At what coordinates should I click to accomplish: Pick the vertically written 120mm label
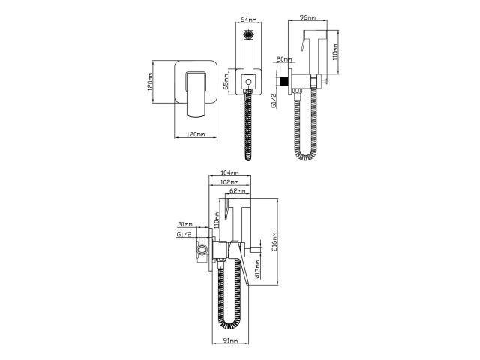pos(152,82)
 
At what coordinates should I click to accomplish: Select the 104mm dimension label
pos(229,173)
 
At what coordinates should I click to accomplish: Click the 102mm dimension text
pos(229,182)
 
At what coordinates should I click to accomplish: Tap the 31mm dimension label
pos(184,224)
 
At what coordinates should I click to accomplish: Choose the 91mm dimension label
pos(230,341)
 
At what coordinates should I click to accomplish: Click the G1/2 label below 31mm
pos(184,235)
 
